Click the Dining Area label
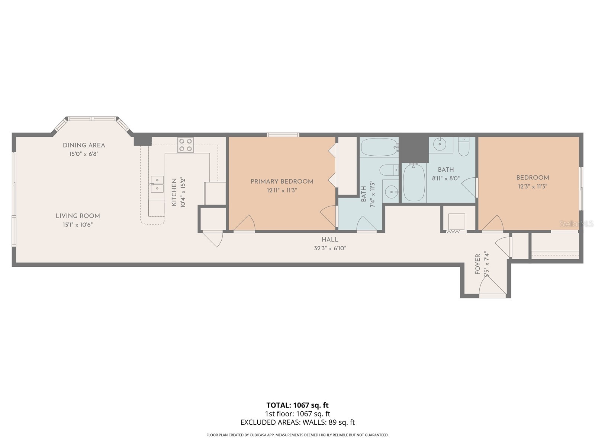84,145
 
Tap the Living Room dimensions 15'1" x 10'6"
77,225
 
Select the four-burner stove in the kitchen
186,145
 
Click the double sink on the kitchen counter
157,184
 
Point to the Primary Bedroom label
282,181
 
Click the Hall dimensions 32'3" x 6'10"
330,248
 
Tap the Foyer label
478,264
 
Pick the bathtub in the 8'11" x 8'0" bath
414,183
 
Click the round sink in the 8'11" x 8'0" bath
441,143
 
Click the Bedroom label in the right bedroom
532,178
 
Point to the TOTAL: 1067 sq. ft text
297,405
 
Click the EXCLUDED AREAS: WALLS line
297,422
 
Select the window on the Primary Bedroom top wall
283,135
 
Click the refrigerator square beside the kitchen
215,193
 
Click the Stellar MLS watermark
576,224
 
